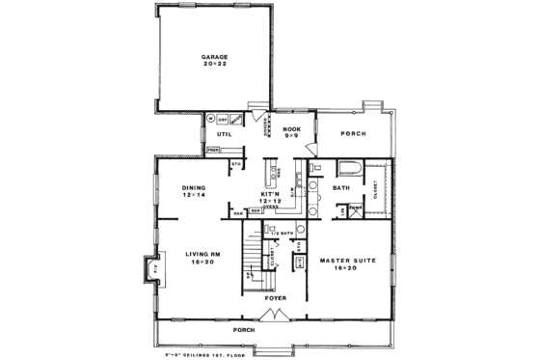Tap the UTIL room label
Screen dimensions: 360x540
click(225, 135)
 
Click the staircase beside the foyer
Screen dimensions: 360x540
click(253, 259)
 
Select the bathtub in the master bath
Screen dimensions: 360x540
click(346, 170)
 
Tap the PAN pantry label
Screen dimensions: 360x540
click(237, 211)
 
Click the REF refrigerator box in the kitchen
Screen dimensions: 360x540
click(256, 211)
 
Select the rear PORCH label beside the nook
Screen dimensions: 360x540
click(354, 134)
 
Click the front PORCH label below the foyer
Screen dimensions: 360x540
click(270, 329)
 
